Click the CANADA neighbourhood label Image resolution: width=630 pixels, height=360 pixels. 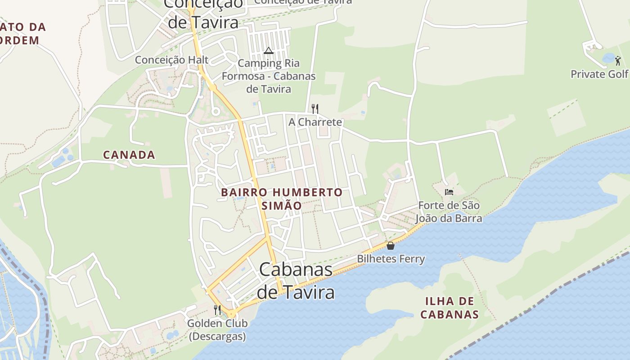129,155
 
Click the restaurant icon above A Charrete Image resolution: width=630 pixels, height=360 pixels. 315,108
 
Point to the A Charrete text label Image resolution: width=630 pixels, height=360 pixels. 315,122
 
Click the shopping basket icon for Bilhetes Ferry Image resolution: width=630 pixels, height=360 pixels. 391,246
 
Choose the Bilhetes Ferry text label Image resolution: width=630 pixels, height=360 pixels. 391,259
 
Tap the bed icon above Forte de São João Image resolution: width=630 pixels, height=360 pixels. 449,192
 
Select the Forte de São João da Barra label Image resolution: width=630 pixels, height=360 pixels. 449,212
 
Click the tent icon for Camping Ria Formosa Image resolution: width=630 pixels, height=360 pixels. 269,50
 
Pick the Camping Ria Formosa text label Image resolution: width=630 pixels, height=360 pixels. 269,76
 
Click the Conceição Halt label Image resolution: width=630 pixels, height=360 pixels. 171,60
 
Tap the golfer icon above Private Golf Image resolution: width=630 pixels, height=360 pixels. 618,60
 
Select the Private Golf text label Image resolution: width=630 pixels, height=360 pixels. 599,74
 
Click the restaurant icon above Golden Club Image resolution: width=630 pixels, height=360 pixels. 217,310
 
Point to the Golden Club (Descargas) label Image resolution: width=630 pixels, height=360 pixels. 217,329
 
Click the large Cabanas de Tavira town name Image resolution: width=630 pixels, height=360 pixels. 296,281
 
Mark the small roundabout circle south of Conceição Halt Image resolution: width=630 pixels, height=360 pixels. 215,111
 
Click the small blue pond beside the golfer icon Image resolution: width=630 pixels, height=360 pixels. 608,58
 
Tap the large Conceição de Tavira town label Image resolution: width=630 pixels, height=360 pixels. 202,13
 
